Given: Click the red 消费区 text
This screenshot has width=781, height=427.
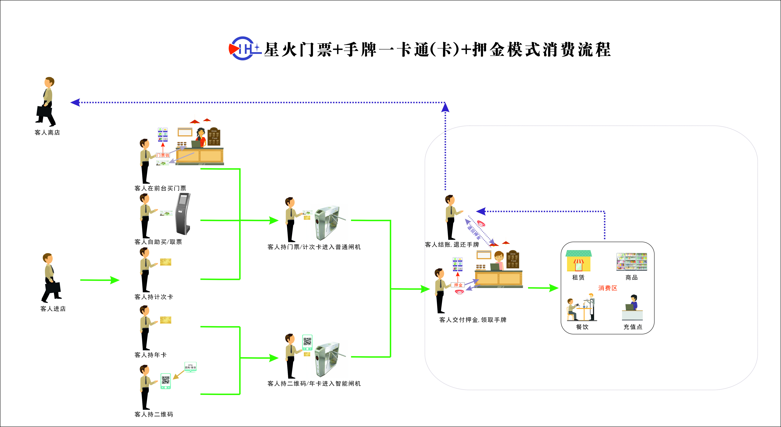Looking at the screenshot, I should click(x=608, y=288).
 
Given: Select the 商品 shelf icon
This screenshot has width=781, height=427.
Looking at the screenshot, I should click(x=632, y=262).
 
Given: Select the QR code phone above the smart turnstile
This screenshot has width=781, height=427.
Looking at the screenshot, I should click(x=307, y=342).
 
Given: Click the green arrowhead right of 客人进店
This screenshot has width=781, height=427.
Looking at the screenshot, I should click(x=115, y=280).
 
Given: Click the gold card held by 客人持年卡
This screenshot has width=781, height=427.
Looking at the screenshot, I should click(x=166, y=320).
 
